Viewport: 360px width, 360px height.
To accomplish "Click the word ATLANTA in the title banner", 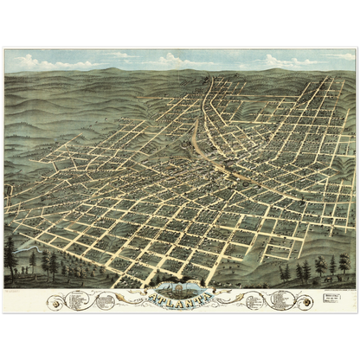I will [x=179, y=300].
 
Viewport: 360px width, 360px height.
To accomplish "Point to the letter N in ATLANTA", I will [x=191, y=301].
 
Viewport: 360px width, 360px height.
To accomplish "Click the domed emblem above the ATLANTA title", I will [x=179, y=289].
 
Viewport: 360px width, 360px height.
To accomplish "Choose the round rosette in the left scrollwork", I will [x=57, y=304].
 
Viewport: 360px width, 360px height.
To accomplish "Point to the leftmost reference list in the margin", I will [x=77, y=300].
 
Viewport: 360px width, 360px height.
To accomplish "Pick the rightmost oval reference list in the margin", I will [x=281, y=300].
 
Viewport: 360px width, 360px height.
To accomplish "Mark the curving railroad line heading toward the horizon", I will [x=203, y=104].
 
